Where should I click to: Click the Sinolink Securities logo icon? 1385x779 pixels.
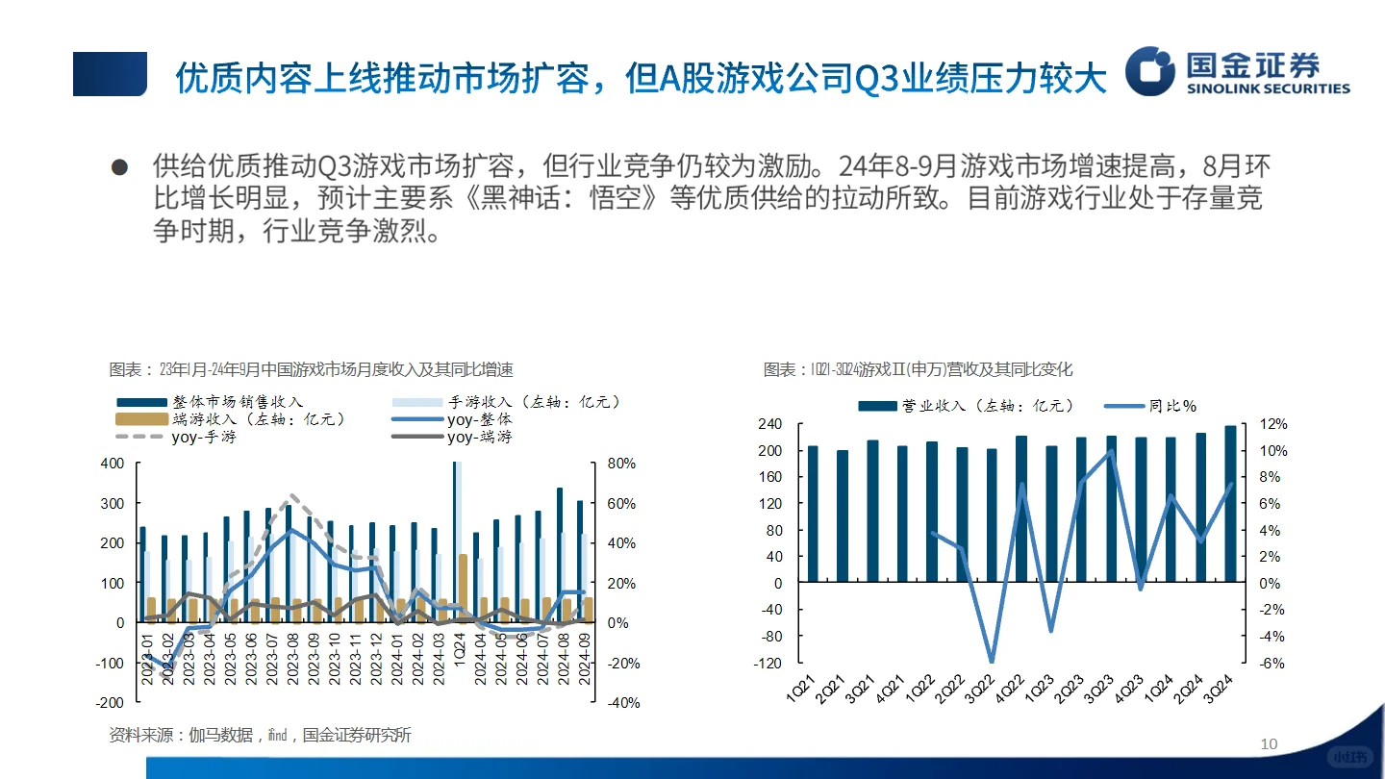[x=1150, y=70]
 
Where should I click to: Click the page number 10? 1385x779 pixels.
[x=1269, y=743]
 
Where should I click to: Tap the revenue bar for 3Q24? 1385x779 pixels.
[x=1230, y=504]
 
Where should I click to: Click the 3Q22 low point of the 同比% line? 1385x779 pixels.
[x=992, y=662]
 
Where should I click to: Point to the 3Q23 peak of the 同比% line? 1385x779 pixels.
[x=1111, y=451]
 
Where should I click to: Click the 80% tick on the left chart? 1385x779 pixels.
[x=622, y=464]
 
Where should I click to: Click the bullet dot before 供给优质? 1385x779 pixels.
[x=120, y=166]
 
